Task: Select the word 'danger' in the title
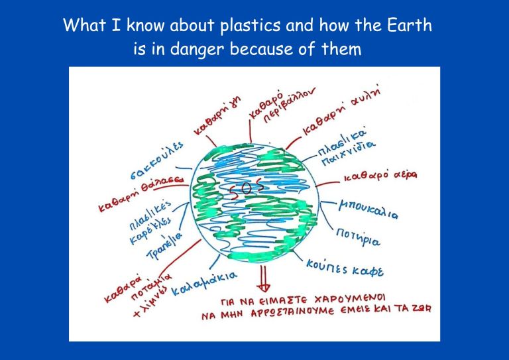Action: (x=197, y=49)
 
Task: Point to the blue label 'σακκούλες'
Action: (x=158, y=160)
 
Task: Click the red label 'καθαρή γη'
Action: (x=217, y=116)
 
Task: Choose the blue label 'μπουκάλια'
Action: (x=368, y=210)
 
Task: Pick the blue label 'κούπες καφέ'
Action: (x=345, y=268)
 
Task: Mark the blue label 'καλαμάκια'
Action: (x=204, y=283)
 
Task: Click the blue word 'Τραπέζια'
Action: (x=164, y=246)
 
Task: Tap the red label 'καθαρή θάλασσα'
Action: (x=142, y=194)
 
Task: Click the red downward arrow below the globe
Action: (x=263, y=279)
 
